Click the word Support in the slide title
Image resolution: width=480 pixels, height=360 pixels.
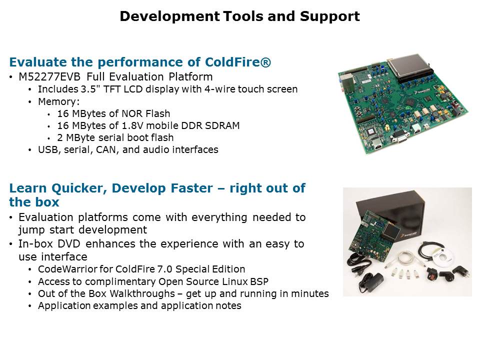[329, 16]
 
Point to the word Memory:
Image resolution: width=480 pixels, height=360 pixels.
[59, 101]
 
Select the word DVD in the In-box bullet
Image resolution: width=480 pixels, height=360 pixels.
[69, 244]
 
